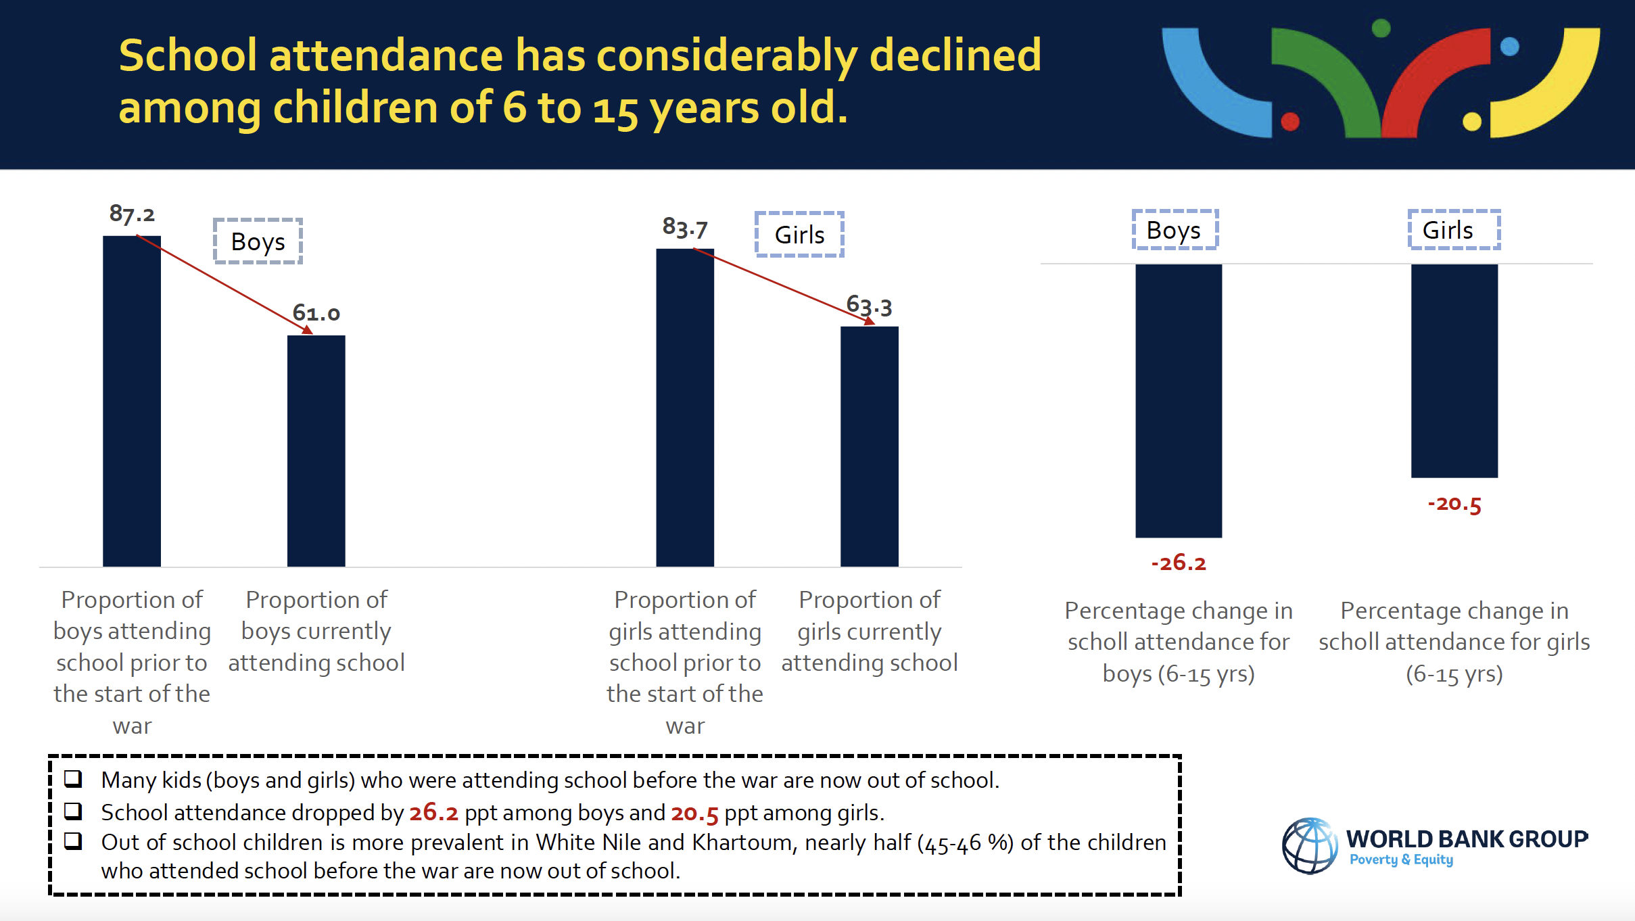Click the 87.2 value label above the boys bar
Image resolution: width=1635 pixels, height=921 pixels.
[x=132, y=214]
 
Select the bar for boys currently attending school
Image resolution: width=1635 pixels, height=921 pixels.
[x=316, y=451]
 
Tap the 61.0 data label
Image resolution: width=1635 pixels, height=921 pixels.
[x=316, y=312]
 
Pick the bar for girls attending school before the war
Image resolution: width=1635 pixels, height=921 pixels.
[x=685, y=408]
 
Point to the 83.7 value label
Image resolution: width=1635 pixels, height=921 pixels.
[x=685, y=228]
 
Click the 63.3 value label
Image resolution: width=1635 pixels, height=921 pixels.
[x=870, y=306]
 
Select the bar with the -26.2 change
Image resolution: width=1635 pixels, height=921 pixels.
[x=1179, y=401]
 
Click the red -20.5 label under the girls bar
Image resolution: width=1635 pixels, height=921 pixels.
[x=1454, y=504]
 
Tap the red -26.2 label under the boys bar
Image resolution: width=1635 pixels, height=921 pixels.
[x=1179, y=563]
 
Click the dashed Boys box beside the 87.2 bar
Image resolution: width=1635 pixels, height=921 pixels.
[x=258, y=241]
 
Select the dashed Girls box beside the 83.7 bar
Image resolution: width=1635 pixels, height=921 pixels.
[x=799, y=235]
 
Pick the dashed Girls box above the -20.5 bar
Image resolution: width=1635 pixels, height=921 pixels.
[x=1454, y=230]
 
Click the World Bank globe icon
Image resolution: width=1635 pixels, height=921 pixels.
[x=1310, y=845]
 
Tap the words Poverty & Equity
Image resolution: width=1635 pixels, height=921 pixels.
[x=1401, y=859]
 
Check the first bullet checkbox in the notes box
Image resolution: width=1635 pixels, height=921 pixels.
[x=73, y=779]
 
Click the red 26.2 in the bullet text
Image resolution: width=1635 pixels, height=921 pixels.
[x=433, y=813]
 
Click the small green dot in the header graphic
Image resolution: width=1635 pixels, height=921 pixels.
[x=1381, y=28]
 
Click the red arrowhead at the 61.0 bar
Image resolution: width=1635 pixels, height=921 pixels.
[x=308, y=329]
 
